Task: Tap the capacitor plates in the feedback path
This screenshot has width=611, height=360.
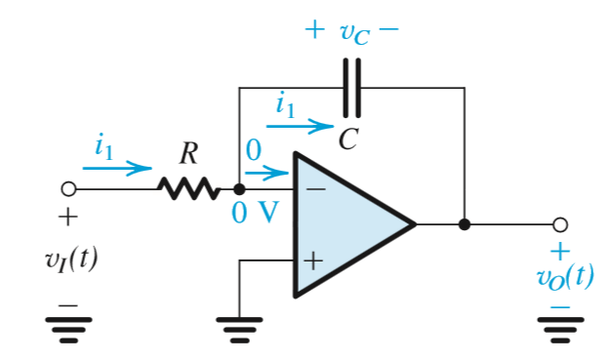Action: [x=352, y=88]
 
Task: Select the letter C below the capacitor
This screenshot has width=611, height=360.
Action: [x=347, y=140]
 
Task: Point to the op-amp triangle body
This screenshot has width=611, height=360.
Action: [x=351, y=223]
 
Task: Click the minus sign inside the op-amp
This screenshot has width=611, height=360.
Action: [x=314, y=188]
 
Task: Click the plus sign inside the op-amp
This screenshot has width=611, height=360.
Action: [x=313, y=260]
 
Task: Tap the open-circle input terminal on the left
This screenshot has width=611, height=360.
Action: [x=68, y=188]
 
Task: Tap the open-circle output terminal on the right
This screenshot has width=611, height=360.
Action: [x=560, y=224]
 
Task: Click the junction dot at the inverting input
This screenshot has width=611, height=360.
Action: [x=239, y=188]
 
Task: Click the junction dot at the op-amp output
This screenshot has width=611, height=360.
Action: [x=465, y=224]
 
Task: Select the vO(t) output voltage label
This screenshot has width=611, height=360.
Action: [x=564, y=276]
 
